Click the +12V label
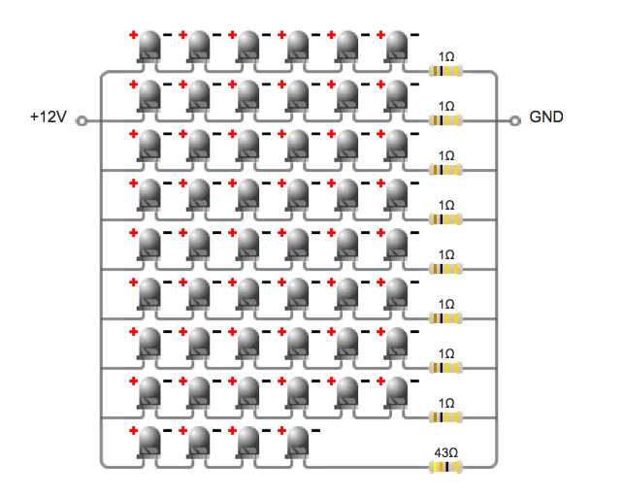point(48,117)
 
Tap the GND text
point(546,117)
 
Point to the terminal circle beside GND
point(516,121)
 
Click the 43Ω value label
point(446,452)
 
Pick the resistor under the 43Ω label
point(446,467)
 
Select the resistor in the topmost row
point(446,71)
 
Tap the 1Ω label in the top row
point(446,56)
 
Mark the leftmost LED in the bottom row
point(149,443)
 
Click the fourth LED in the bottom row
point(298,443)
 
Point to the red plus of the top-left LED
point(133,34)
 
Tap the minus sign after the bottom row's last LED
point(315,430)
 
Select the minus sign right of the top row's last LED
point(414,34)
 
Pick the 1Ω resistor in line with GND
point(446,120)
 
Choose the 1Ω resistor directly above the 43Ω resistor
point(446,417)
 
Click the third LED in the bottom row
point(248,443)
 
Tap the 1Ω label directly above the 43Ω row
point(446,403)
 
